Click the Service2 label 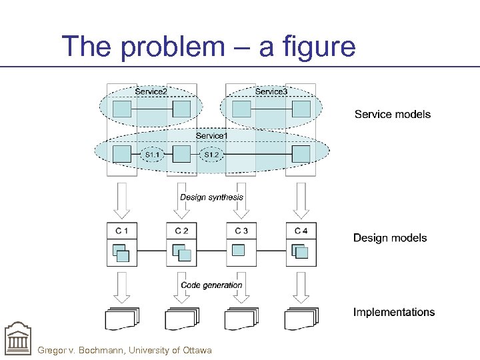(151, 91)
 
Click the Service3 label (271, 91)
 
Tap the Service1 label (211, 136)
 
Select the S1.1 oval (153, 155)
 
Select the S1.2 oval (211, 155)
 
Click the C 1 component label (122, 231)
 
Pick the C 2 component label (181, 231)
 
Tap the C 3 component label (241, 231)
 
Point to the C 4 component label (301, 231)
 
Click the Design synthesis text (211, 197)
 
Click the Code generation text (211, 285)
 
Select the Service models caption (392, 115)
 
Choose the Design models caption (390, 238)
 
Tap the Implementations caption (393, 312)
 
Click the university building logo (17, 340)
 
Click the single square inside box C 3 (238, 250)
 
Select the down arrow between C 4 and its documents (301, 285)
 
